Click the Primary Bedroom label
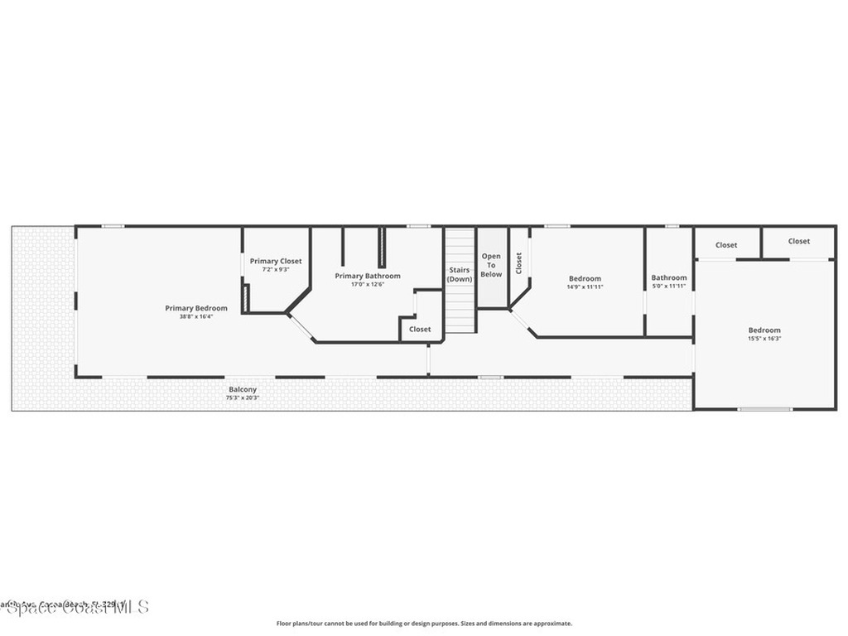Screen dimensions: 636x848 [195, 308]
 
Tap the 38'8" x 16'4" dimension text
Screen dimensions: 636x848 [195, 316]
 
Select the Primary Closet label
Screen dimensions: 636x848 [276, 261]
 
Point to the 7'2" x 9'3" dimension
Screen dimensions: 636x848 [276, 269]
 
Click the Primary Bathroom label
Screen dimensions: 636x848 [368, 276]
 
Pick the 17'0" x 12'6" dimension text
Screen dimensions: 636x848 [368, 284]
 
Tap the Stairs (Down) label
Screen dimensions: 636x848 [460, 274]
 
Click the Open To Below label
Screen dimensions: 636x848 [491, 265]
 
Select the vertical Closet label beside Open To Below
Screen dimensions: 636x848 [518, 263]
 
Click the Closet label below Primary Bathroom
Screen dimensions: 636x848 [420, 329]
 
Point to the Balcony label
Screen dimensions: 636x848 [243, 389]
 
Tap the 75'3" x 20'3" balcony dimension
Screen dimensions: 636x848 [243, 397]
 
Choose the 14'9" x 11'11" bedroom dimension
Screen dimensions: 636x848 [585, 287]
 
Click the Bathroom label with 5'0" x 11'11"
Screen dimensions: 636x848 [668, 277]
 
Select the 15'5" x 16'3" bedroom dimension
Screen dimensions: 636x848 [764, 338]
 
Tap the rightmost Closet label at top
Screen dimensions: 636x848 [799, 241]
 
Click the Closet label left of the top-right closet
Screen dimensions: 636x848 [726, 244]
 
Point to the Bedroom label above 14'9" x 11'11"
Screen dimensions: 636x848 [585, 278]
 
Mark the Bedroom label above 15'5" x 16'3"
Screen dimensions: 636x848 [764, 330]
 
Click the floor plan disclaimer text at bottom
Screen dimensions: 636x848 [424, 624]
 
